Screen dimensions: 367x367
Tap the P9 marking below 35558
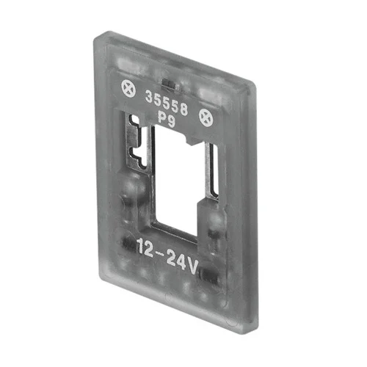[x=167, y=120]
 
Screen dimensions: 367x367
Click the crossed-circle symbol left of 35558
[x=128, y=88]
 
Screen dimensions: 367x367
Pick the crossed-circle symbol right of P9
[x=206, y=117]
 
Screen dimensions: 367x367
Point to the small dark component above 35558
[x=170, y=84]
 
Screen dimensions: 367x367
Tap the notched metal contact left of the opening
[x=138, y=142]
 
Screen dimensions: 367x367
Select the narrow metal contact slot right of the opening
[x=212, y=169]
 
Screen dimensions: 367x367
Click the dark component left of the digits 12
[x=128, y=244]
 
